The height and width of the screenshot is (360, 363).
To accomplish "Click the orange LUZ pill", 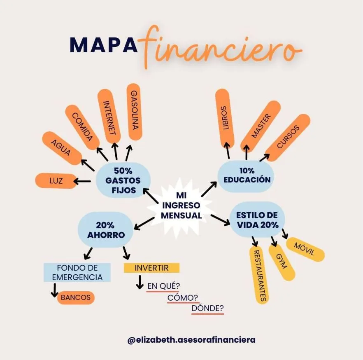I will click(56, 181).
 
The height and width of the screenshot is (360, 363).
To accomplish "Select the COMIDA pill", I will click(83, 126).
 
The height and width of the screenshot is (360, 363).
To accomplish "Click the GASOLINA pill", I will click(134, 112).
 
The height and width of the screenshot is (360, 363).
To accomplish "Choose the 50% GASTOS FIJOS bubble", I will click(123, 180).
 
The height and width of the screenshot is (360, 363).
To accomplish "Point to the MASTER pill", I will click(261, 126).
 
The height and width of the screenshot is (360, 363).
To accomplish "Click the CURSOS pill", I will click(287, 138).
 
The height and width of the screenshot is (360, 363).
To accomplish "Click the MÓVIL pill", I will click(305, 249).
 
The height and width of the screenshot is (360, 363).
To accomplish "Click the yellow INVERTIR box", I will click(152, 268).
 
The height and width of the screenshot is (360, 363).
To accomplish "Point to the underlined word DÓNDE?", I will click(208, 308).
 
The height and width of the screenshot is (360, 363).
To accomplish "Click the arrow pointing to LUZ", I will click(83, 181).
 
